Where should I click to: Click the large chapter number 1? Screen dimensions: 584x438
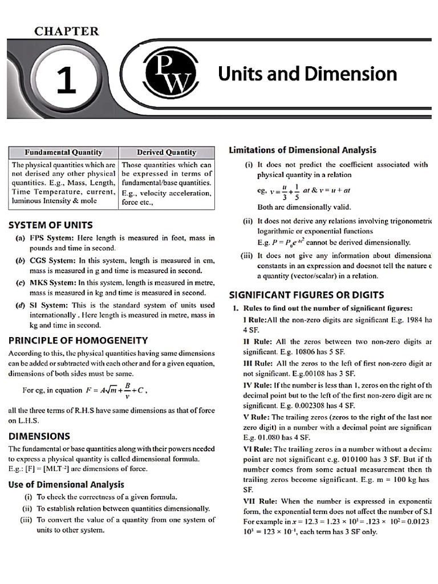[x=67, y=80]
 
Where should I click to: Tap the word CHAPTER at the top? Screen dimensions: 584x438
[x=67, y=31]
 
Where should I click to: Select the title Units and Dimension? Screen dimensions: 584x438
[x=307, y=74]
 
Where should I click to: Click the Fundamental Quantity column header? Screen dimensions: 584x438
[x=63, y=152]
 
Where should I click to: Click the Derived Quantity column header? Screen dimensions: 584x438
[x=166, y=152]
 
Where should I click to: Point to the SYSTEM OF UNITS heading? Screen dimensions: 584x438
[x=50, y=225]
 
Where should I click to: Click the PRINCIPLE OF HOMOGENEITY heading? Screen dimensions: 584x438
[x=78, y=340]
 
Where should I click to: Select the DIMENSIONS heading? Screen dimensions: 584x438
[x=39, y=436]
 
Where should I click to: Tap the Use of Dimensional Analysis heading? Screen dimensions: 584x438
[x=66, y=484]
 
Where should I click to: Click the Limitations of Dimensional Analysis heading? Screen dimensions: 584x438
[x=302, y=150]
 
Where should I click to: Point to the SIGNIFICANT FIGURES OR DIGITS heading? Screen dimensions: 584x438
[x=306, y=295]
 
